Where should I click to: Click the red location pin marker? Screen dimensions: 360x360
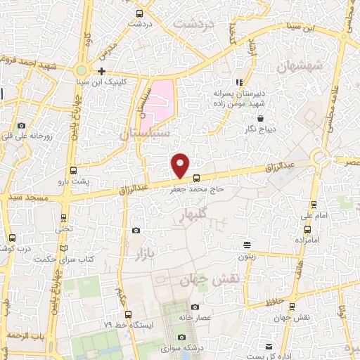[181, 165]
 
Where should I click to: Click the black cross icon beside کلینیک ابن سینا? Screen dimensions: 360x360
[102, 71]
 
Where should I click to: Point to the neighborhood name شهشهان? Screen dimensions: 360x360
[298, 67]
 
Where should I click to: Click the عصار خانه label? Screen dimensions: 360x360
[194, 317]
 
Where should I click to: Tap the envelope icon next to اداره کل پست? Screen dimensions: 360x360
[269, 346]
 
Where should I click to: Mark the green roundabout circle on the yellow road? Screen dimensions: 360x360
[82, 70]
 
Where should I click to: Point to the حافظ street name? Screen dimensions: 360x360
[276, 302]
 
